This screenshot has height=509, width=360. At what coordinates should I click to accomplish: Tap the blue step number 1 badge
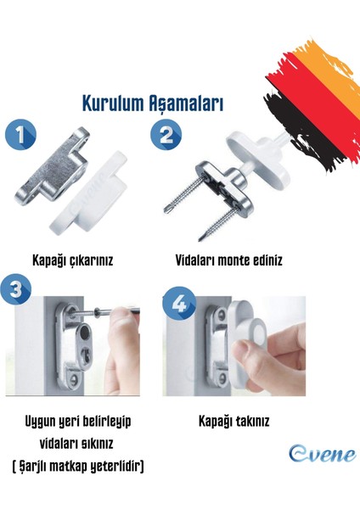click(x=20, y=137)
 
